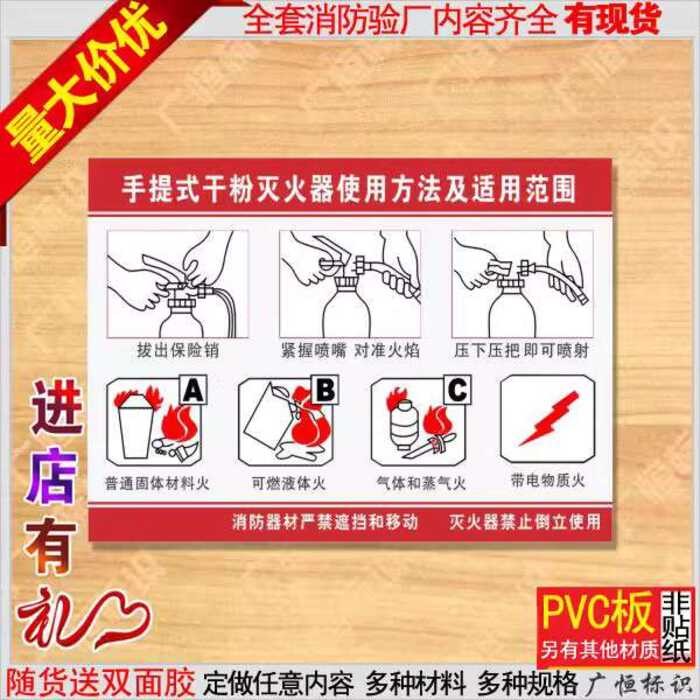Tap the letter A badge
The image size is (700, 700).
(193, 390)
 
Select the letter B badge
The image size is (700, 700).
(325, 390)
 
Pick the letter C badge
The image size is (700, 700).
(457, 390)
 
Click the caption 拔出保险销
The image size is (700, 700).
(178, 350)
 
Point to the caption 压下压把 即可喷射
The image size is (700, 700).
(521, 350)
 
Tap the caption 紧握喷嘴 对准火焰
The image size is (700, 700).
(350, 350)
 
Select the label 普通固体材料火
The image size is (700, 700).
(157, 483)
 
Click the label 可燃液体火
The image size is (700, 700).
(288, 483)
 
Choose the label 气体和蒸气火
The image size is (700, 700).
(421, 483)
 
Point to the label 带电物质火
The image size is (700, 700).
(548, 480)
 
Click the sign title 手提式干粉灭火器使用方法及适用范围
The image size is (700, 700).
(349, 189)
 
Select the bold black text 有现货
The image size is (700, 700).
(612, 19)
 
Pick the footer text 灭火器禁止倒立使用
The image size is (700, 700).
(525, 521)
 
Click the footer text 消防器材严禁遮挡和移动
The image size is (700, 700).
(325, 521)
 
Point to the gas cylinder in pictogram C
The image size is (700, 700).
(404, 423)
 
